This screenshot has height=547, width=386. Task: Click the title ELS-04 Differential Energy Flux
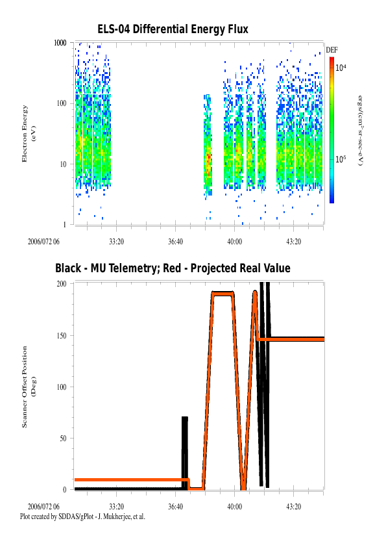173,29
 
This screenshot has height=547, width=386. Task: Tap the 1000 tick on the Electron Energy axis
60,43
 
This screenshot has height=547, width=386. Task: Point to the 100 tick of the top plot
62,103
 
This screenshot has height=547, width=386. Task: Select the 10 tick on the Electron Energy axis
63,164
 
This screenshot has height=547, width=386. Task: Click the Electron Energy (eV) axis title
29,134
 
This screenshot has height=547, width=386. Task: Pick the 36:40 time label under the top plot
175,242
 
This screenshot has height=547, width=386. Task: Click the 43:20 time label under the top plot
293,242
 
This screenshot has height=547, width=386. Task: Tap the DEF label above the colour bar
332,50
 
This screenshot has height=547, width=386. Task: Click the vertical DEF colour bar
332,130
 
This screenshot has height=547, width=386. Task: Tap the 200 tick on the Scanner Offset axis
62,284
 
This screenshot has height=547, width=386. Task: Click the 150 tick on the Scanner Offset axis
62,336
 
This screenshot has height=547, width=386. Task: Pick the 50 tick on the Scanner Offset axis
63,439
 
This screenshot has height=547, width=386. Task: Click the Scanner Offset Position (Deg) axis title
29,387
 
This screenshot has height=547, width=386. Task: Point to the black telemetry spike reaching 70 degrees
185,453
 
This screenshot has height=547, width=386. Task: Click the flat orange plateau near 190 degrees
223,294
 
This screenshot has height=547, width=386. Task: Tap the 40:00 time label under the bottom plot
234,507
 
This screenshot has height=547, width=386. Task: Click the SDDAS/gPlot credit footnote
82,516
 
